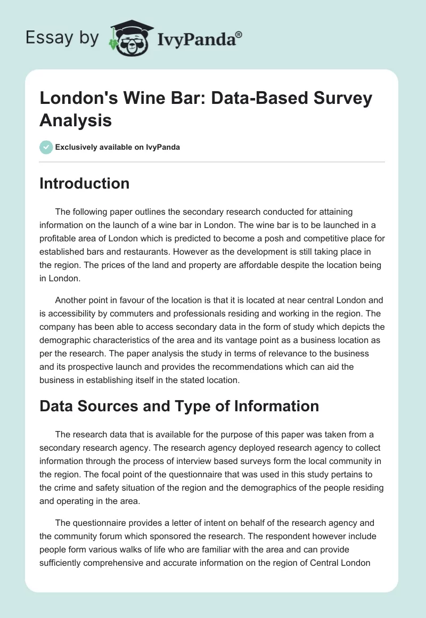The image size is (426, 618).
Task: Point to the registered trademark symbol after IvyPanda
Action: (239, 34)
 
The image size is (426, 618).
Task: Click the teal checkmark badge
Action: (46, 147)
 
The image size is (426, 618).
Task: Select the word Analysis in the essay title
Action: (76, 120)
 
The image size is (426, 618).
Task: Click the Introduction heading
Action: (85, 184)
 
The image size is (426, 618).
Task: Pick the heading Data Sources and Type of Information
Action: (179, 406)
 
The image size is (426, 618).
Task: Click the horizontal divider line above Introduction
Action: (212, 161)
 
